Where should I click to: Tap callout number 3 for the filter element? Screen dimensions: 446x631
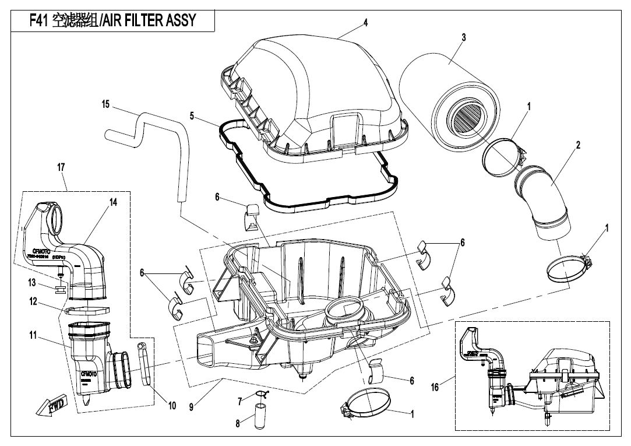click(x=463, y=37)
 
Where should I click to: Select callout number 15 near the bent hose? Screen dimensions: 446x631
click(x=105, y=104)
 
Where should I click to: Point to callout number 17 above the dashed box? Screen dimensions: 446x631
click(x=61, y=167)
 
